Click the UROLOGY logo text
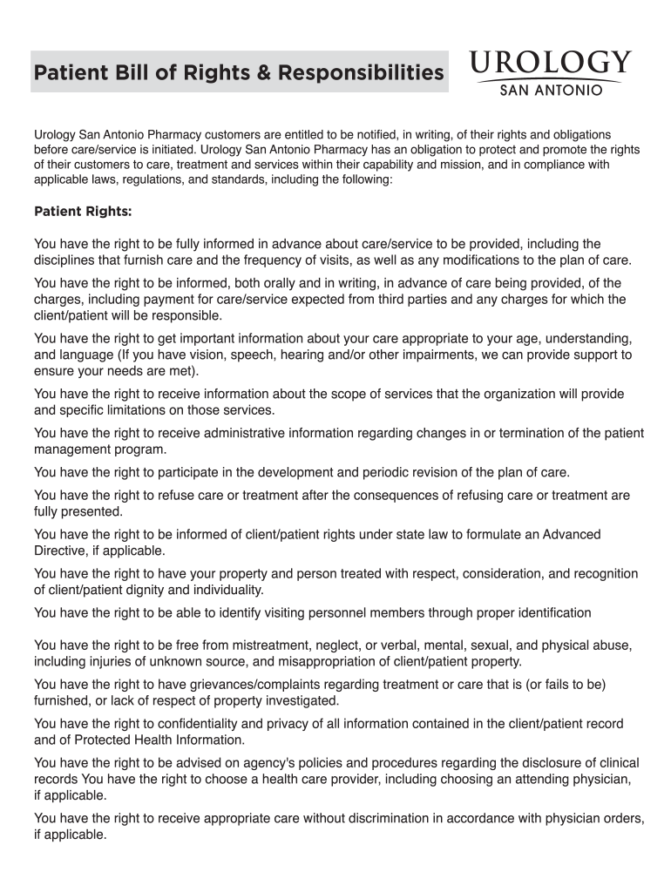tap(549, 64)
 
